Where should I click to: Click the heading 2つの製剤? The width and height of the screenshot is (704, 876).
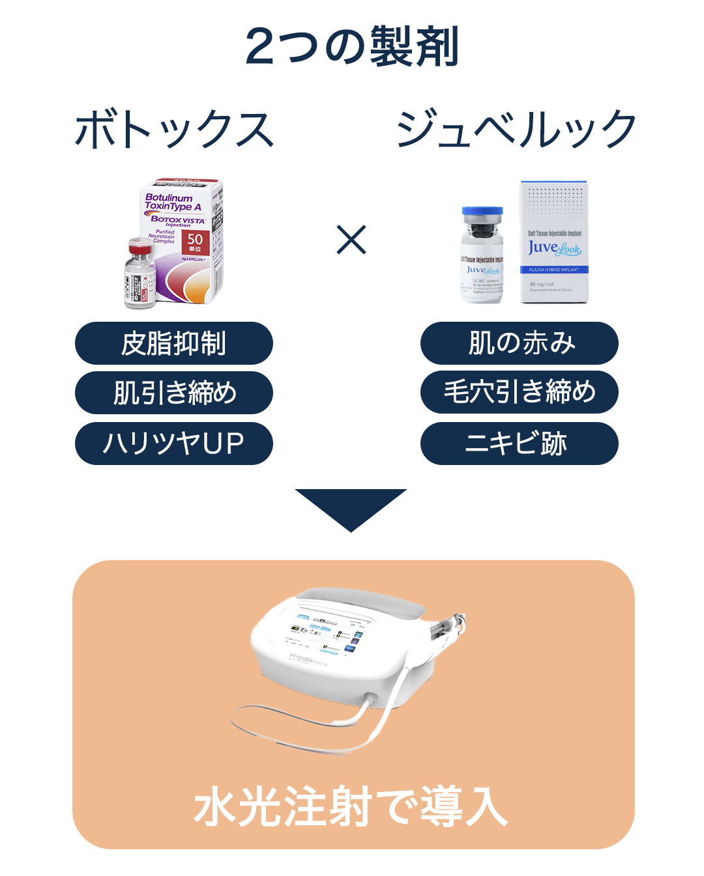352,47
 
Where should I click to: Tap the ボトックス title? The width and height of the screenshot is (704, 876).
174,129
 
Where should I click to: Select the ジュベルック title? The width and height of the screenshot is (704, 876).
516,129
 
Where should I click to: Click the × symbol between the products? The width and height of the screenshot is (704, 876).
351,240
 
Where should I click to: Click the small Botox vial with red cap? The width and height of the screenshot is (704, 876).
140,274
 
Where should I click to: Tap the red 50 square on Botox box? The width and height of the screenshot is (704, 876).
195,242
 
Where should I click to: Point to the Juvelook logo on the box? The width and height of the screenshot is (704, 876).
554,248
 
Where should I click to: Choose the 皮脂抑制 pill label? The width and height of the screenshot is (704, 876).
174,343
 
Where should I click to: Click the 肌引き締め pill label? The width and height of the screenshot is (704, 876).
174,393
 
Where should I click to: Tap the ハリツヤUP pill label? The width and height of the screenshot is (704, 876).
174,444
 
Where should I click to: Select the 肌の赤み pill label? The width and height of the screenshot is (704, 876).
520,343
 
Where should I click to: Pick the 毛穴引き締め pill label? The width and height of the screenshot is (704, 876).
520,392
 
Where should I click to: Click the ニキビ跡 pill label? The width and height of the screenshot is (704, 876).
520,444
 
